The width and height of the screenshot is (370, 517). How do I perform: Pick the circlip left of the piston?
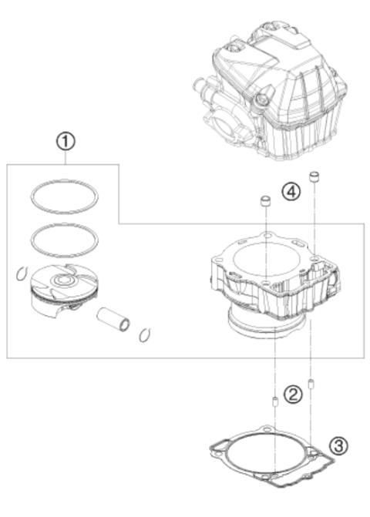[22, 272]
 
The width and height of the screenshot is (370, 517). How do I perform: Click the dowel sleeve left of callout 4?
[265, 203]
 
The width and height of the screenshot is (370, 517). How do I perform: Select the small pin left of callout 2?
[275, 400]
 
